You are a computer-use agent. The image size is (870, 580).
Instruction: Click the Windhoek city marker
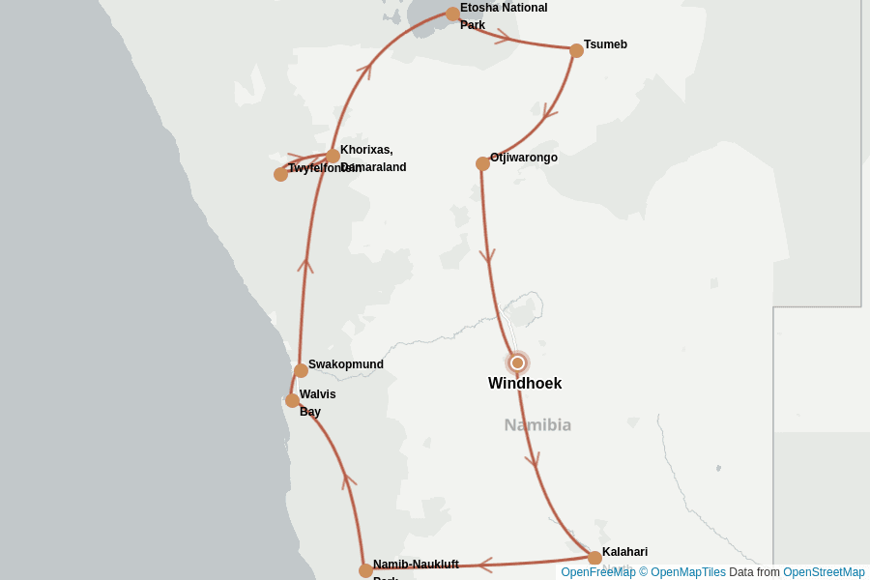(517, 362)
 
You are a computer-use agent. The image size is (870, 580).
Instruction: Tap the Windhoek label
(525, 384)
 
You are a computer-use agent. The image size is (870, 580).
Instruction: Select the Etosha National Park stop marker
(452, 14)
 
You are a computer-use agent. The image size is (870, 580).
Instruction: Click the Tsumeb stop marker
(576, 50)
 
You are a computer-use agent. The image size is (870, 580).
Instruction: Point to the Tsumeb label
(605, 44)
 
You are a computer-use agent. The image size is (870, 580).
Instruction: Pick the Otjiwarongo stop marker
(482, 163)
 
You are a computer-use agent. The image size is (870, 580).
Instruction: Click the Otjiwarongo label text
(524, 158)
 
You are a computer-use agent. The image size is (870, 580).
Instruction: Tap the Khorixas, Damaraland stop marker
(333, 156)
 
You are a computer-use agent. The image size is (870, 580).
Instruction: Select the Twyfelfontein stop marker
(280, 174)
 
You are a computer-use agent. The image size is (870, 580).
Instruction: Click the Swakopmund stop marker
(301, 370)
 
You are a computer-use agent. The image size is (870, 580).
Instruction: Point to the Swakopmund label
(346, 364)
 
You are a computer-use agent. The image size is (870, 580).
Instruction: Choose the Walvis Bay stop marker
(292, 400)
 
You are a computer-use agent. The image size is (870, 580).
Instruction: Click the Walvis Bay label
(317, 402)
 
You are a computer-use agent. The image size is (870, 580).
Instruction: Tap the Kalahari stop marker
(594, 558)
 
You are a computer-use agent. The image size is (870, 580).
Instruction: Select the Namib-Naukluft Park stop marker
(365, 570)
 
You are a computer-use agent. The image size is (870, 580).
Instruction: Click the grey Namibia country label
(537, 424)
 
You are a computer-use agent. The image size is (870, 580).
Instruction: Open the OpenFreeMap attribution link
(597, 572)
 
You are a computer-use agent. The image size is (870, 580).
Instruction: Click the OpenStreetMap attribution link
(824, 572)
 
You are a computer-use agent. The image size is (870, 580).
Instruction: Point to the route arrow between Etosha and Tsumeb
(504, 38)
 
